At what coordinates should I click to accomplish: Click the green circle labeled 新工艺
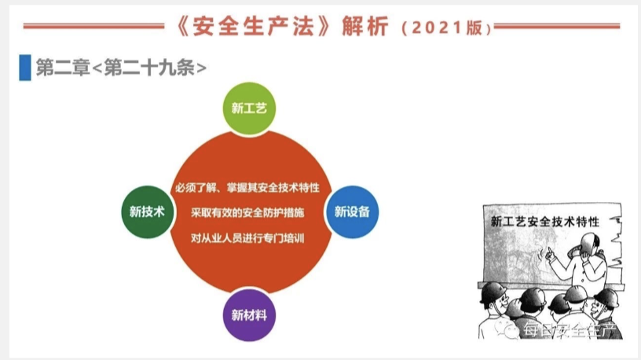click(x=249, y=108)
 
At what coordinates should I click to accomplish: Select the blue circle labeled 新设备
click(x=352, y=211)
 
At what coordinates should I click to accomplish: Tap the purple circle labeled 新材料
click(x=249, y=315)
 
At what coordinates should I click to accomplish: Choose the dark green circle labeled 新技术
click(x=147, y=211)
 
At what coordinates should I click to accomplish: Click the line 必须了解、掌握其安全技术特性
click(x=247, y=188)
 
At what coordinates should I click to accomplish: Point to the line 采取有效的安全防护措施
click(x=247, y=213)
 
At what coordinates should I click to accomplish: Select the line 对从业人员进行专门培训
click(x=247, y=238)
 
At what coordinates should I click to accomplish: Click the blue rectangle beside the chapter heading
click(x=25, y=68)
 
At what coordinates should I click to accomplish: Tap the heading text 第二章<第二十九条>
click(x=121, y=68)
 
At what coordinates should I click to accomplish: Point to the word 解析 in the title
click(x=365, y=27)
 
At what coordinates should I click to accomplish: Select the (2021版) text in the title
click(x=447, y=28)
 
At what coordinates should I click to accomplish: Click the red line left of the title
click(x=93, y=26)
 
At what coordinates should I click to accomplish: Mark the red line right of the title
click(x=557, y=26)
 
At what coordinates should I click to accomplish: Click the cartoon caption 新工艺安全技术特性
click(x=545, y=222)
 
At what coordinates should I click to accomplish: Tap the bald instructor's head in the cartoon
click(x=590, y=244)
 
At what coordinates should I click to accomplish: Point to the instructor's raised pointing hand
click(x=550, y=254)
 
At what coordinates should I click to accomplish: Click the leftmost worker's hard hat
click(x=493, y=292)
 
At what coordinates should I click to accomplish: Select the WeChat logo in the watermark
click(x=507, y=329)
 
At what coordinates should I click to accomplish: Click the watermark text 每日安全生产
click(x=570, y=329)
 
